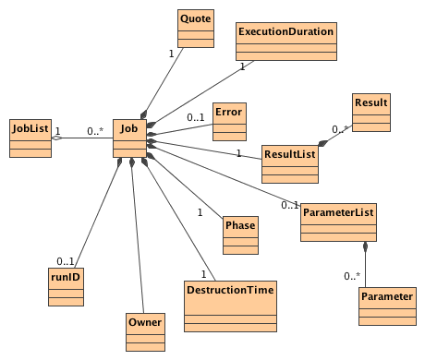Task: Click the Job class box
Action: pos(128,139)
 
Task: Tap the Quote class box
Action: pos(195,28)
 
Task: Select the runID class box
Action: pos(65,287)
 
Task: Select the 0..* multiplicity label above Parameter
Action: pos(351,276)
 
